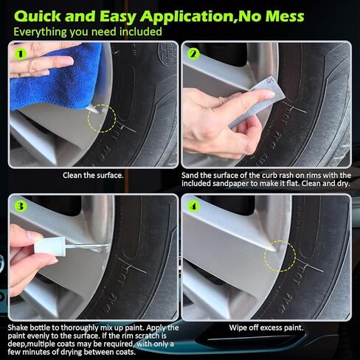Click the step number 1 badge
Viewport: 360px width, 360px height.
click(x=19, y=52)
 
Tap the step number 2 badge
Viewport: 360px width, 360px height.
click(x=193, y=54)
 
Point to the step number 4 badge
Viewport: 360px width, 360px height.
click(x=193, y=206)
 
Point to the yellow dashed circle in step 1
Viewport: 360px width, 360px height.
click(x=102, y=118)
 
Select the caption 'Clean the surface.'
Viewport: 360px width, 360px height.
click(x=92, y=176)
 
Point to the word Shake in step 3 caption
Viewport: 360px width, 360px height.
click(x=21, y=328)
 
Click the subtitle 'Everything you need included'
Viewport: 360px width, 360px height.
click(x=87, y=32)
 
